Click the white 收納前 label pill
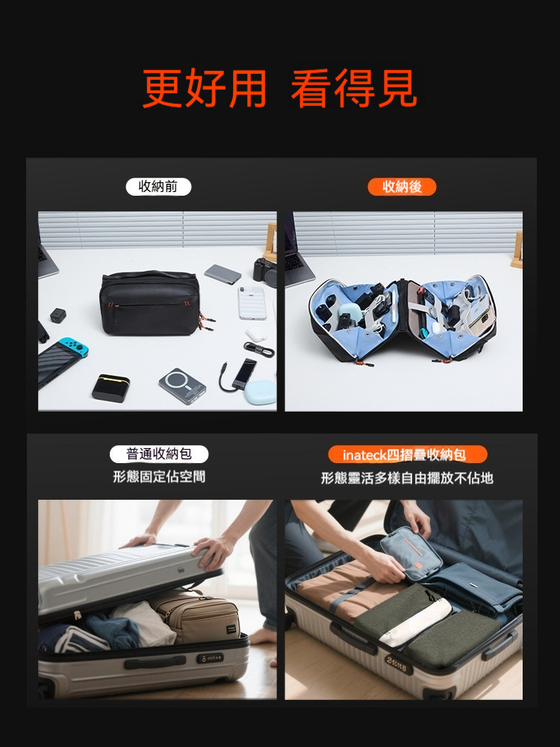158,187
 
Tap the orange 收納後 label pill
402,187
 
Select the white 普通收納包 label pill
159,454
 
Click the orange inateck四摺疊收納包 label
408,454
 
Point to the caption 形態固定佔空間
159,477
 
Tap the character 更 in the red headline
162,89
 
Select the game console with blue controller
62,360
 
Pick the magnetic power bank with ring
182,386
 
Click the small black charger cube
58,316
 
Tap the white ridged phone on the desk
252,303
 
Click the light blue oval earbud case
260,392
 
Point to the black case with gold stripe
111,388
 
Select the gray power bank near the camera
223,274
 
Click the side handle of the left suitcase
155,663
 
